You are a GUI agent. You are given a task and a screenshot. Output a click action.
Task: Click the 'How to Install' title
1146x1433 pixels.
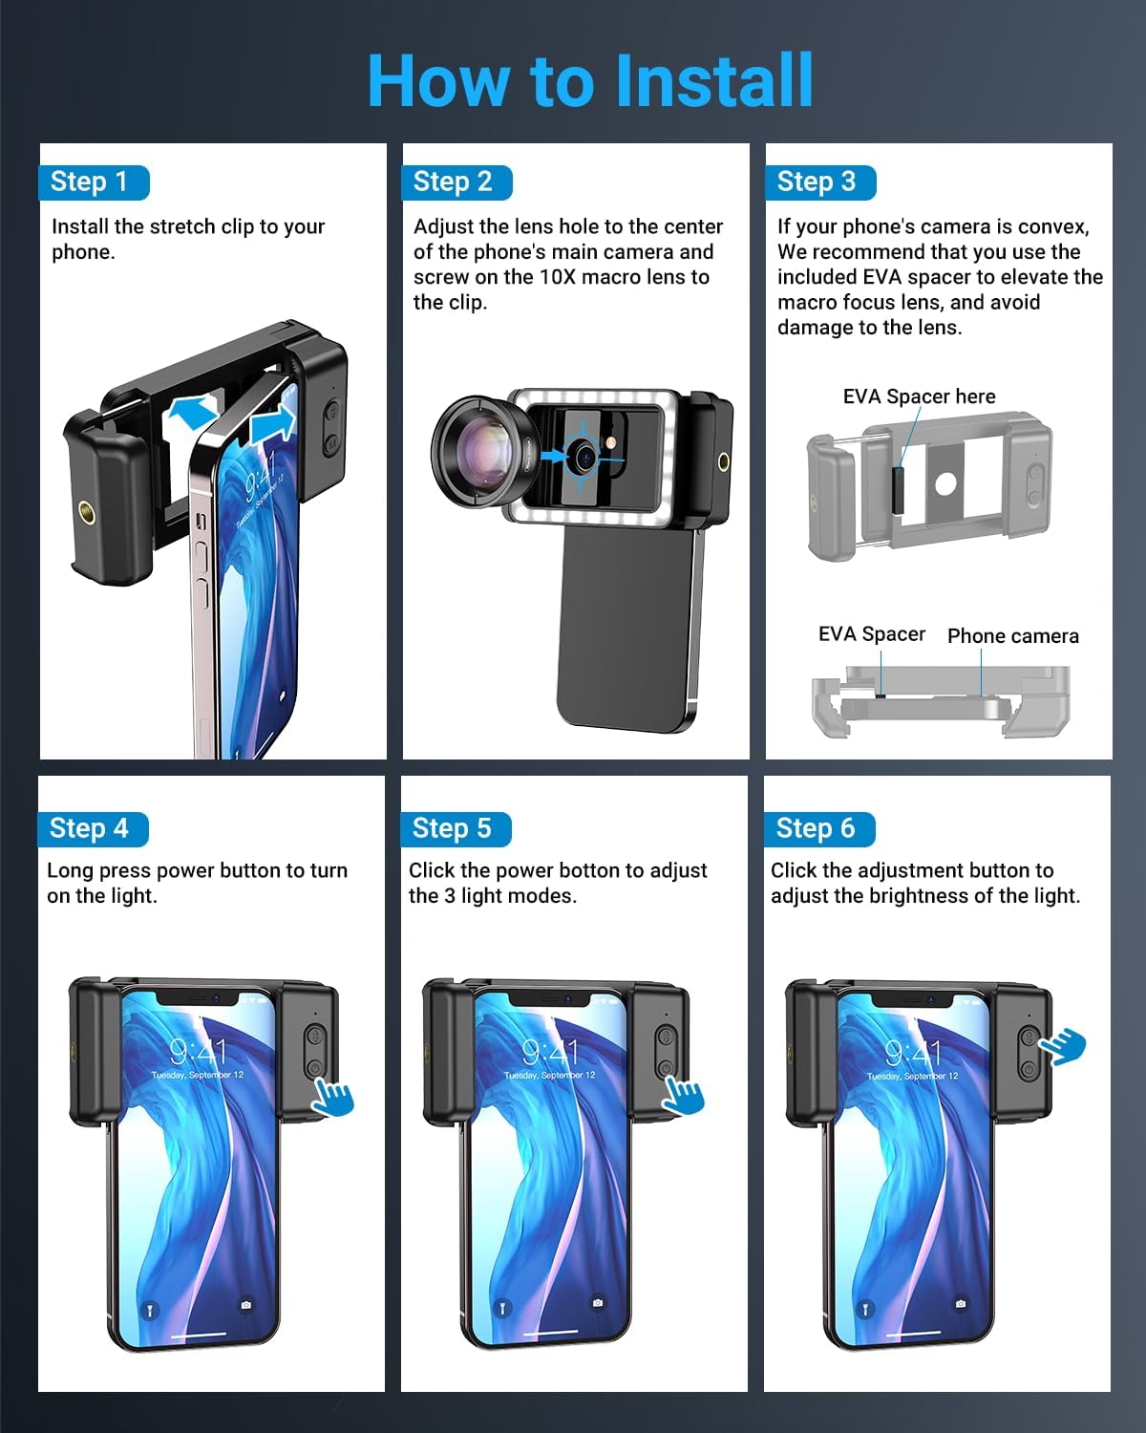tap(590, 80)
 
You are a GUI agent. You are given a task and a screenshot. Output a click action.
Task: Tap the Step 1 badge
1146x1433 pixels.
tap(94, 182)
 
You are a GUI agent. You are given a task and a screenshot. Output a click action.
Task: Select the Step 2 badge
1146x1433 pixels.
tap(456, 182)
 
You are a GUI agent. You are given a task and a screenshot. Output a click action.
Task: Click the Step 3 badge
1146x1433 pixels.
tap(820, 182)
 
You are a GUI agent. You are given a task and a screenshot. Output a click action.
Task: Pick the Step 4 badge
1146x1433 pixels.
tap(94, 829)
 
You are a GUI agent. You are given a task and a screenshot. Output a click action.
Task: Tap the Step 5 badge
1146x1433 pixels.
tap(456, 829)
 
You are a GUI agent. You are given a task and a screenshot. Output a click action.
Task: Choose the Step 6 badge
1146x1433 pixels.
tap(819, 829)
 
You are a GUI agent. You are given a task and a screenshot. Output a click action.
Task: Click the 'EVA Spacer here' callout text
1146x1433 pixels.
tap(919, 396)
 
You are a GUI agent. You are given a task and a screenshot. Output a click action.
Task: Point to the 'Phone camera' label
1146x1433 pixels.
tap(1013, 636)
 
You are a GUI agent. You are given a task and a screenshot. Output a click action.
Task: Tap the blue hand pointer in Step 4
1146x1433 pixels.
tap(333, 1097)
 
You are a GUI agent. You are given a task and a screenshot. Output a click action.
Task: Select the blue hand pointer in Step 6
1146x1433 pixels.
tap(1064, 1046)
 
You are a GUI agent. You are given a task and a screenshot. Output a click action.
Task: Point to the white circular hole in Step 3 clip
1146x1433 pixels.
tap(945, 483)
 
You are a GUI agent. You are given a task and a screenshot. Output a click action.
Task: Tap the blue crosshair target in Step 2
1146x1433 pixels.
tap(584, 457)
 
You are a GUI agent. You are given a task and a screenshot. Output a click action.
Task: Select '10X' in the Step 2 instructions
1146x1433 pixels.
tap(558, 277)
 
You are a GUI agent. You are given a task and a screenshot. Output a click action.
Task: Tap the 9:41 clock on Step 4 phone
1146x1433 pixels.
tap(199, 1052)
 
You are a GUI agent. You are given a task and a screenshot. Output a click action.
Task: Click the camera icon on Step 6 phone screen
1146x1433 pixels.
tap(960, 1303)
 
